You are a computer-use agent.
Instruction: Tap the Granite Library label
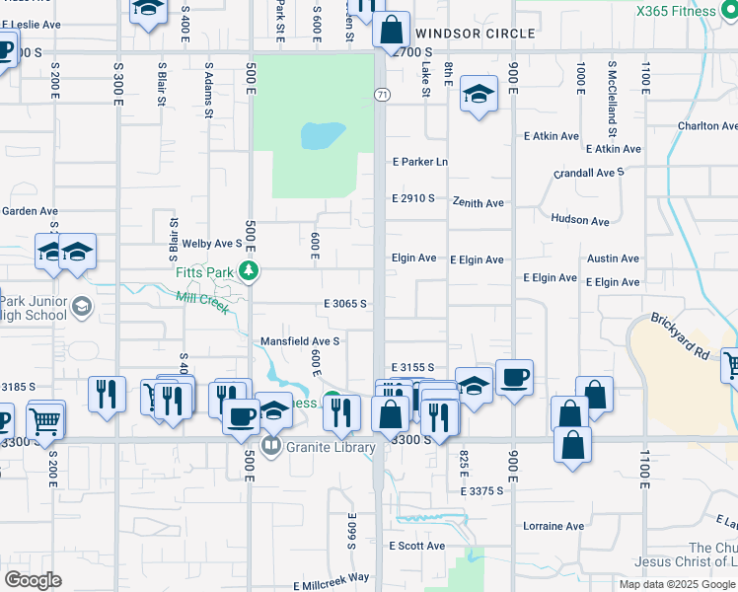click(331, 447)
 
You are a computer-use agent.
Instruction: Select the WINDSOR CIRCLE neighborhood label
click(476, 33)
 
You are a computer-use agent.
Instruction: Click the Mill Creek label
click(203, 303)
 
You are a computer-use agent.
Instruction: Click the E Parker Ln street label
click(420, 162)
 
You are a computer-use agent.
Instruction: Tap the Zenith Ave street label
click(479, 203)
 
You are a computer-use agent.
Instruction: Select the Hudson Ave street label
click(580, 220)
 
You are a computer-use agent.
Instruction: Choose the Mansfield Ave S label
click(300, 341)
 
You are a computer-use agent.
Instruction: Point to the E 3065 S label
click(345, 304)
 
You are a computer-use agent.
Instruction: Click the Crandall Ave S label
click(589, 173)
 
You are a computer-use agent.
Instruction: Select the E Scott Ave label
click(416, 546)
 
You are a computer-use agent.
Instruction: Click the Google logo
click(33, 580)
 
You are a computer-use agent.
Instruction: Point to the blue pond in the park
click(323, 134)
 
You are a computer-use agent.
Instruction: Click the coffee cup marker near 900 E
click(514, 377)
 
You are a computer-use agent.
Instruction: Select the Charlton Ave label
click(706, 126)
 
